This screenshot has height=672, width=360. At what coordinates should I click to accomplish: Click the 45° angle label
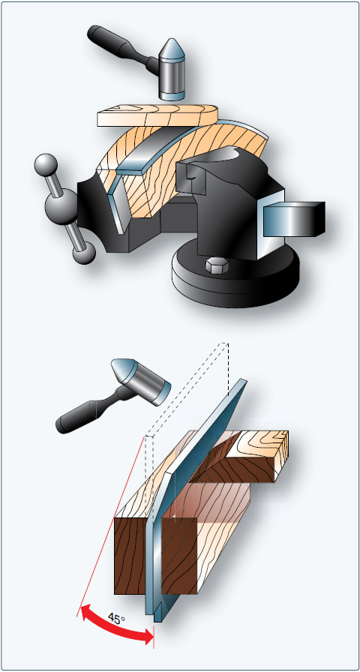(116, 619)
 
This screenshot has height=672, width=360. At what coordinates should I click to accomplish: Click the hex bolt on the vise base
(214, 265)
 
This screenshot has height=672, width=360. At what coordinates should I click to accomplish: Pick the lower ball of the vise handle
(83, 253)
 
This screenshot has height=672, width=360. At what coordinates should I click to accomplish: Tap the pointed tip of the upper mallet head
(172, 40)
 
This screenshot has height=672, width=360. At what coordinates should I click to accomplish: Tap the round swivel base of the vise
(235, 274)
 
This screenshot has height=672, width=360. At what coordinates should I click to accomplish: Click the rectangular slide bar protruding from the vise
(293, 220)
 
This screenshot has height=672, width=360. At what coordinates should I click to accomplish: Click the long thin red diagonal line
(110, 526)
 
